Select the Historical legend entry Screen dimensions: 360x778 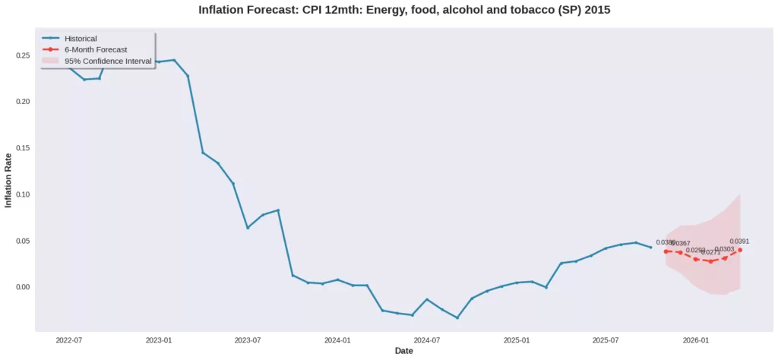[81, 38]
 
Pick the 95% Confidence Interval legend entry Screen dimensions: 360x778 [108, 61]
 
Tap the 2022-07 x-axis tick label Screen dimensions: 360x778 [68, 341]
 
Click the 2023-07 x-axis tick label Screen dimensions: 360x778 [248, 341]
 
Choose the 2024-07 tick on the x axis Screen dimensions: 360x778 [427, 341]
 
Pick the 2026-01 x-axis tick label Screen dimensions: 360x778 [696, 341]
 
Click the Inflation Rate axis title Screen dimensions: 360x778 [9, 180]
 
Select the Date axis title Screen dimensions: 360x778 [404, 351]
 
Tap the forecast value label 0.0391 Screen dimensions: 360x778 [740, 242]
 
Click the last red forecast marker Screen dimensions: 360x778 [740, 250]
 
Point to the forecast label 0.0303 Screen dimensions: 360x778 [725, 249]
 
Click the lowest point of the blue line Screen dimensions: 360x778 [457, 317]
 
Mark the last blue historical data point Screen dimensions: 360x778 [650, 247]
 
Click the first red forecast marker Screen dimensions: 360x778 [666, 251]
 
